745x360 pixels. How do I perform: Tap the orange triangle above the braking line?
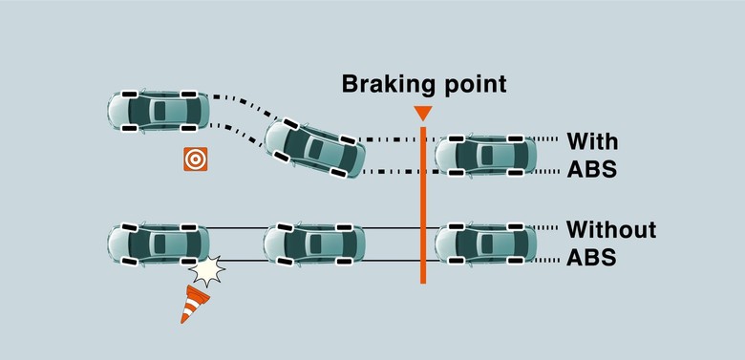(x=422, y=114)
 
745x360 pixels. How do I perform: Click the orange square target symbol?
(x=196, y=159)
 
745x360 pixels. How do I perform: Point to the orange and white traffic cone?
(x=195, y=304)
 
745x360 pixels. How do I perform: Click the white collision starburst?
(x=205, y=272)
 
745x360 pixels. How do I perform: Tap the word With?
(x=592, y=142)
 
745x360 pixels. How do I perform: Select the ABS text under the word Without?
(x=592, y=258)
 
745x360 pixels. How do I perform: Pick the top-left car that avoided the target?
(x=157, y=110)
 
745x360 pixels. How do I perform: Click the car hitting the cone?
(x=157, y=244)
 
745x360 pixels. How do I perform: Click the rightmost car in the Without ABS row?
(x=485, y=244)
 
